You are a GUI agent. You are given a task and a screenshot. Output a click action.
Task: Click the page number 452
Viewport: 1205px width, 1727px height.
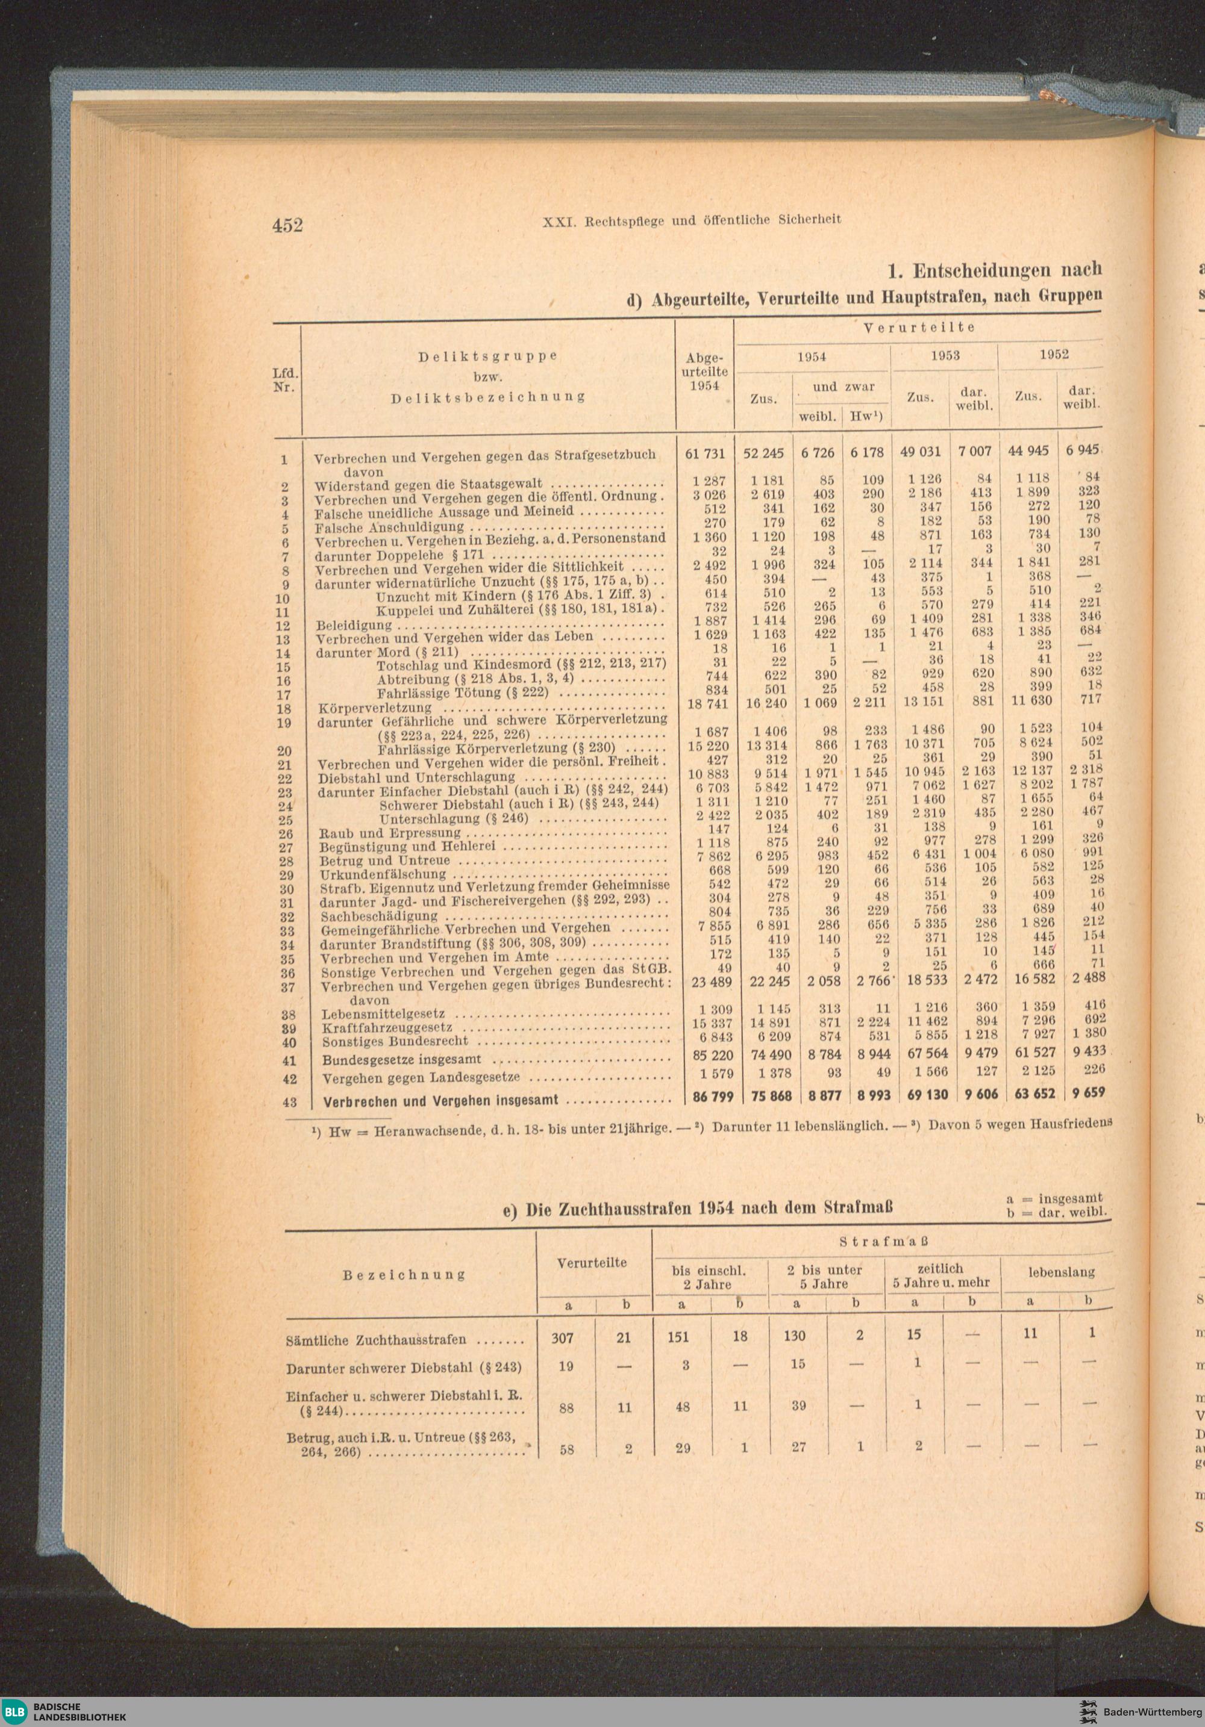[287, 225]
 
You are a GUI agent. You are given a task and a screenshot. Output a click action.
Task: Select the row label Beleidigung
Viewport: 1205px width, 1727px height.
[354, 625]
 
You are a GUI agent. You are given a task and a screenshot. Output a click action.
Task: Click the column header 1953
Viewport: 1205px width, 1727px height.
[945, 356]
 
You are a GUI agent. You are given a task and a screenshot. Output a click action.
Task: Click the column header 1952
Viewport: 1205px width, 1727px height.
[1054, 354]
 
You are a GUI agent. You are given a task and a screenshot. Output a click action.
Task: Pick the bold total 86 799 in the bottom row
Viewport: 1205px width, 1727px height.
[712, 1097]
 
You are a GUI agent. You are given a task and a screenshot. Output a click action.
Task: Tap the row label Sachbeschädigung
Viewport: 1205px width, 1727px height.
[378, 916]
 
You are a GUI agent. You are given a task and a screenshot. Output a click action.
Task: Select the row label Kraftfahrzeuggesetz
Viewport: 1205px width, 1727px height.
[387, 1027]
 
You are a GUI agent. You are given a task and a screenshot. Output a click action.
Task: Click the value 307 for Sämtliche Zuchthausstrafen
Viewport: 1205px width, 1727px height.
[562, 1337]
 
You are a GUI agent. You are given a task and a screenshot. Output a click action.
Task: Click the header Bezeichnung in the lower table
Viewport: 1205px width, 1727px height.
[404, 1275]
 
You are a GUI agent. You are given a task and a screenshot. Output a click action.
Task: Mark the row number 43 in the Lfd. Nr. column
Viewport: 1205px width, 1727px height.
[290, 1102]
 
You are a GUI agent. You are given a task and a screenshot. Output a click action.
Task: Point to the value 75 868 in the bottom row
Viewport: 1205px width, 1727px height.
[771, 1097]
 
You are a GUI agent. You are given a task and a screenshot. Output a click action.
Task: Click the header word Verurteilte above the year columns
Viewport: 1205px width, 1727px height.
[918, 327]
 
